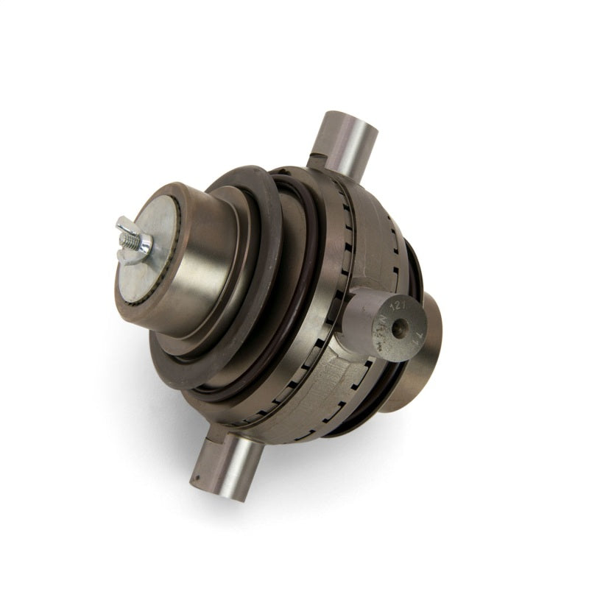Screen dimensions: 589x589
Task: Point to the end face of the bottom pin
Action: pyautogui.click(x=206, y=479)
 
